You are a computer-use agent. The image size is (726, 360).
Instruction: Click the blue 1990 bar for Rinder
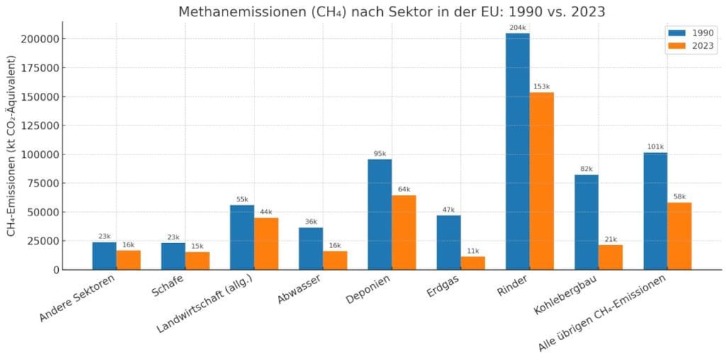click(x=518, y=152)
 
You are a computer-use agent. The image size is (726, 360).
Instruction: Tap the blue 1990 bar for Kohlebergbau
click(x=586, y=222)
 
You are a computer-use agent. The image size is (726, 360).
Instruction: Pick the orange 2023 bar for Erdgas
click(x=473, y=263)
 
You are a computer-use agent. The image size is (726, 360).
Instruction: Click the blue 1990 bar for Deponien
click(x=379, y=214)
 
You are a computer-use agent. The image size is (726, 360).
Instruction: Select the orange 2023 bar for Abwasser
click(x=335, y=260)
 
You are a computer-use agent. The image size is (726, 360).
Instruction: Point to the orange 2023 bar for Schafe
click(x=197, y=261)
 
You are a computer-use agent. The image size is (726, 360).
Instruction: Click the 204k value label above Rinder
click(x=518, y=27)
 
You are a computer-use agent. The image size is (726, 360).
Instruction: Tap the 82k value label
click(x=586, y=169)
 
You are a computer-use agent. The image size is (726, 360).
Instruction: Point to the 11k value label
click(x=473, y=250)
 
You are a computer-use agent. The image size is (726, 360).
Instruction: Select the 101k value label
click(x=655, y=147)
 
